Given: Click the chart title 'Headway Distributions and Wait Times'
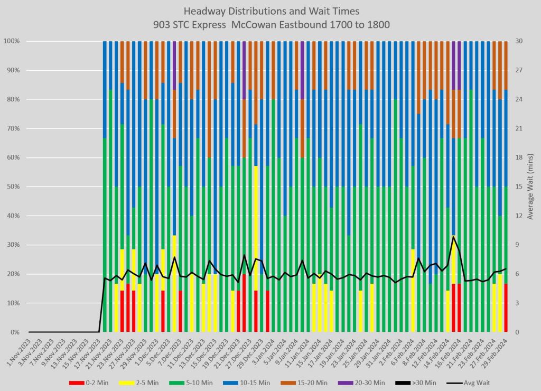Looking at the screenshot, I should pyautogui.click(x=270, y=11).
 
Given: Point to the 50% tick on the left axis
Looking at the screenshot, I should pyautogui.click(x=13, y=187).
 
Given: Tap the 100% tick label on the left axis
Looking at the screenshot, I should pyautogui.click(x=12, y=41).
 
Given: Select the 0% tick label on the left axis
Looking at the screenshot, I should pyautogui.click(x=15, y=332).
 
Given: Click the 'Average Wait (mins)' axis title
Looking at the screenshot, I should pyautogui.click(x=530, y=187).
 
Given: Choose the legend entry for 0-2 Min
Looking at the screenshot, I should pyautogui.click(x=90, y=382).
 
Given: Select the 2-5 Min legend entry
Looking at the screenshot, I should pyautogui.click(x=143, y=382).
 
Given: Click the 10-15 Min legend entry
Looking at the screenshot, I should pyautogui.click(x=253, y=382).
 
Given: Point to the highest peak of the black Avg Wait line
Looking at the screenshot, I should pyautogui.click(x=453, y=237).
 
